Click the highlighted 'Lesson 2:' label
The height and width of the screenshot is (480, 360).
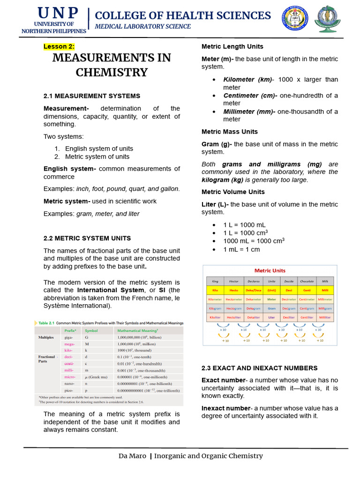pos(59,46)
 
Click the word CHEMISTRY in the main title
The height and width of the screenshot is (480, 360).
pos(112,73)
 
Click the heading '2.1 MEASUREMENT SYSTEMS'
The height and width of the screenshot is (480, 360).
pos(91,96)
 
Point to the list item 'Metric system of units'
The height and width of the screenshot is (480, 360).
pos(97,157)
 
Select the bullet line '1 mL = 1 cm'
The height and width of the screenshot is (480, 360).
pos(241,249)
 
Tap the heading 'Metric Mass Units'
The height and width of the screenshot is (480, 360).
pos(229,132)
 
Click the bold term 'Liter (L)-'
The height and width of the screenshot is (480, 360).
pos(215,204)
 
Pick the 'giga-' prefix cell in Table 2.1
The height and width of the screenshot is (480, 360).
pos(69,337)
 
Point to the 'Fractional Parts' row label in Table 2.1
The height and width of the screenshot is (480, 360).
pos(46,359)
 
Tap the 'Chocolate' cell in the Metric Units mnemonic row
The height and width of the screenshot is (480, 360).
pos(307,281)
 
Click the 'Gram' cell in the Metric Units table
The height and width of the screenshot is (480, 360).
pos(271,308)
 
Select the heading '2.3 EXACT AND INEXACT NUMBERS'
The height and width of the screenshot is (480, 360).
pos(259,368)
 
